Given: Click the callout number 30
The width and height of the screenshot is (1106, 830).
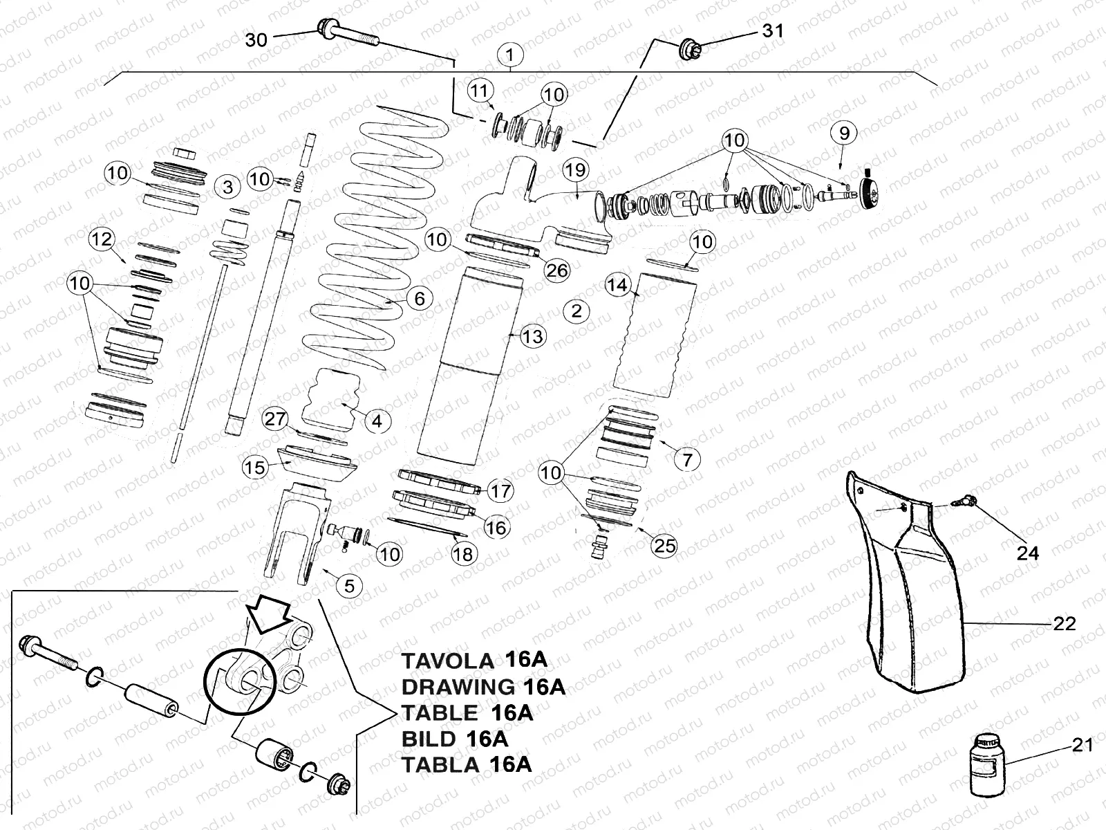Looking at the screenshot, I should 256,40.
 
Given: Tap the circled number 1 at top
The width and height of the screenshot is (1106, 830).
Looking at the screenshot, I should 510,54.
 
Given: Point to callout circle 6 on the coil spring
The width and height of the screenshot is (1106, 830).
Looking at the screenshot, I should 419,299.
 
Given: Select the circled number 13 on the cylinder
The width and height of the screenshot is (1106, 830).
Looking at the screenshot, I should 534,337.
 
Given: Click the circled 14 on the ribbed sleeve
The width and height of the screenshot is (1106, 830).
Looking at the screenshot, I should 618,285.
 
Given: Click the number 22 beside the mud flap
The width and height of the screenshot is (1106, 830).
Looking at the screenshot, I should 1065,623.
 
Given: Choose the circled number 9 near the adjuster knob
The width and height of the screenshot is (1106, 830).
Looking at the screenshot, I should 844,133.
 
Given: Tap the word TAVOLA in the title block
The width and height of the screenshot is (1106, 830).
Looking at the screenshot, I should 447,661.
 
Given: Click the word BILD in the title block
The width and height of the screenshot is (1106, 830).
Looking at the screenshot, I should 429,739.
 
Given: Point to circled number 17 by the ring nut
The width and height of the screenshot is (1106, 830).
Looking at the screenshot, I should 500,491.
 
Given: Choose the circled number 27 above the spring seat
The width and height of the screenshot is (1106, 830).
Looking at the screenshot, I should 276,419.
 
